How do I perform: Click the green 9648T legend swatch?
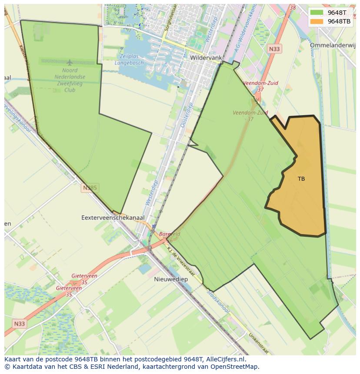click(x=317, y=13)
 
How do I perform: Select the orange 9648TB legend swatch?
click(x=317, y=21)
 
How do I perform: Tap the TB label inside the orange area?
click(x=301, y=179)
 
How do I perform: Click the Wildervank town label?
click(x=206, y=57)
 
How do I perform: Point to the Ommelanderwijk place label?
click(x=333, y=45)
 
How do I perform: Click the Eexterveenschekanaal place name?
click(x=113, y=217)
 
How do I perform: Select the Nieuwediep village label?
click(x=171, y=279)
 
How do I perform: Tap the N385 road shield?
click(x=90, y=188)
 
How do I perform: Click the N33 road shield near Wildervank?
click(x=274, y=49)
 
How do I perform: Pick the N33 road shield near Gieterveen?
click(x=19, y=324)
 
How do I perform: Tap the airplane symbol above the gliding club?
click(x=70, y=63)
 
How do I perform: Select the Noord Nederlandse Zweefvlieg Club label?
click(x=70, y=80)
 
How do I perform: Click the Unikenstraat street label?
click(x=258, y=343)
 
